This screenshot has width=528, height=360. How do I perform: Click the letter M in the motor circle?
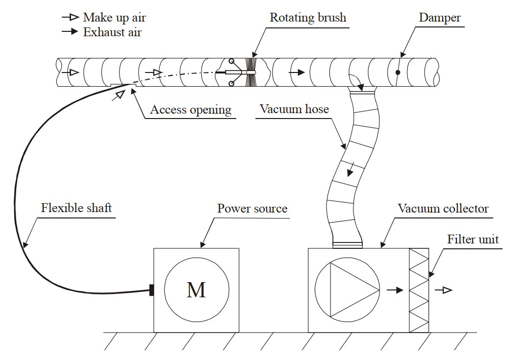tap(196, 290)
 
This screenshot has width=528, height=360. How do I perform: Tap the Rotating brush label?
tap(308, 18)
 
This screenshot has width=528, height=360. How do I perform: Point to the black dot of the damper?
tap(398, 72)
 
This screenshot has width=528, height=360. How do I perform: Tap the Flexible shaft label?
tap(76, 208)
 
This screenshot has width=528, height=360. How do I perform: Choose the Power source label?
tap(252, 209)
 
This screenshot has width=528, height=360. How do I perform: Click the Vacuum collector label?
tap(443, 209)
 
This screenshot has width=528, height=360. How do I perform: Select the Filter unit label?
tap(473, 239)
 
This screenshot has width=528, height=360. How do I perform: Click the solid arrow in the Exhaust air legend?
tap(71, 32)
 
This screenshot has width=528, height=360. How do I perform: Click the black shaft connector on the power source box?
tap(151, 290)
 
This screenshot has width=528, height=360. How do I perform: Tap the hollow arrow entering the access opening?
tap(118, 95)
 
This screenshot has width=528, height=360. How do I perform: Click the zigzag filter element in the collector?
tap(419, 290)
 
